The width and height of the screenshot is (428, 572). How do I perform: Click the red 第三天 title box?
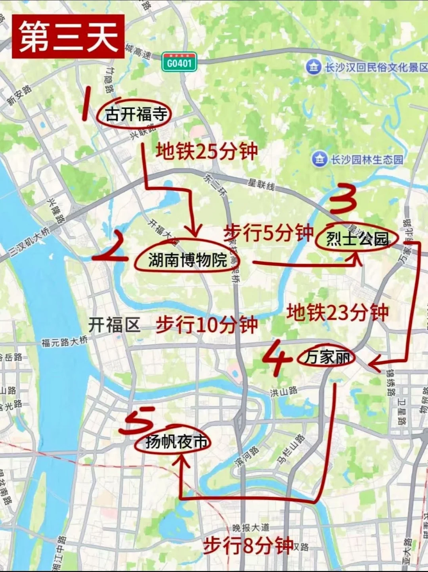[68, 36]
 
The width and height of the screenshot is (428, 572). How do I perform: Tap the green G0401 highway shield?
[179, 63]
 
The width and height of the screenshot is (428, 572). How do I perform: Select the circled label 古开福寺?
[136, 115]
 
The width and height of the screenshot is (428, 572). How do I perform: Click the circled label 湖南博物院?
[187, 260]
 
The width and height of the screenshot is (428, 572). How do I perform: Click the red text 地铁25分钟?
[207, 152]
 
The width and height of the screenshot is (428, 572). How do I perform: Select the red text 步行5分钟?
[269, 233]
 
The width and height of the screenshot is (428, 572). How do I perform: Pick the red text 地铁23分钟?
[338, 313]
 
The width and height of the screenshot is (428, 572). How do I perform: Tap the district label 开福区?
[114, 325]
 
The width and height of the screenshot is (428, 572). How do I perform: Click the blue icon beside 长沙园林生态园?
[319, 159]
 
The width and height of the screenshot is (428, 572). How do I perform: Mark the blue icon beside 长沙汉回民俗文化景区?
[313, 67]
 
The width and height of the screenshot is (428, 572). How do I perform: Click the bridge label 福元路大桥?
[64, 342]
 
